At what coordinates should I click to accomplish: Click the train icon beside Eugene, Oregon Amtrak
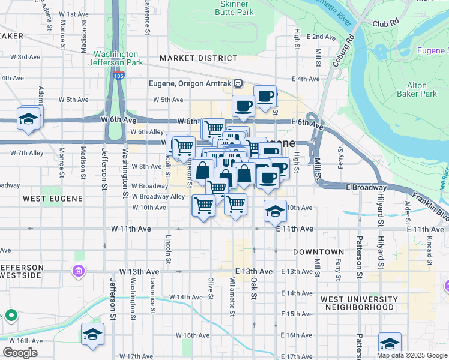pos(238,83)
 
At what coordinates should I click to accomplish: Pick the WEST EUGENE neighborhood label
pos(43,197)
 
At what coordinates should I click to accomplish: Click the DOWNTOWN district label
pos(319,252)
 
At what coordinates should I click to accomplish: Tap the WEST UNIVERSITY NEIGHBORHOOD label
pos(359,303)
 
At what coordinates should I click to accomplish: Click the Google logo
pos(20,352)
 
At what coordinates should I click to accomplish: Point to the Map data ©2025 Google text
pos(412,355)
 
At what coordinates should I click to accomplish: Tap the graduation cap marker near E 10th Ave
pos(275,211)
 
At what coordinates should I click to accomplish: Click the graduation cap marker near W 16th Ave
pos(93,334)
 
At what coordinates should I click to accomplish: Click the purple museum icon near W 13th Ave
pos(79,272)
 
